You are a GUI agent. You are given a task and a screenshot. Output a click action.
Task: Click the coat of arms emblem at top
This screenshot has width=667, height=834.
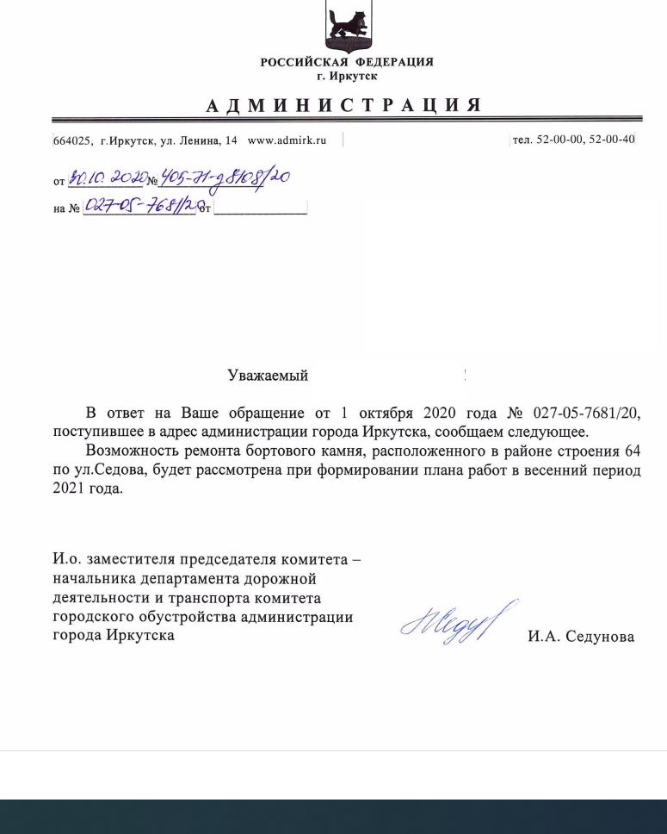point(349,26)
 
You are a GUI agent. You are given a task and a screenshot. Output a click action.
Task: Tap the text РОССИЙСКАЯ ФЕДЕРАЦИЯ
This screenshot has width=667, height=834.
point(347,63)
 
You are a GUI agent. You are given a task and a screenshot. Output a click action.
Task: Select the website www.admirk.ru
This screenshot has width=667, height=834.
point(287,140)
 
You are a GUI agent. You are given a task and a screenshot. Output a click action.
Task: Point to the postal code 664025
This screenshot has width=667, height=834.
point(72,140)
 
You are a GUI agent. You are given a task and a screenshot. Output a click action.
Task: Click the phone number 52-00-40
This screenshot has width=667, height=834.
point(612,140)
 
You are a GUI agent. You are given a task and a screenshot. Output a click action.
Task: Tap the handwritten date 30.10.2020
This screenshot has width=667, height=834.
point(106,178)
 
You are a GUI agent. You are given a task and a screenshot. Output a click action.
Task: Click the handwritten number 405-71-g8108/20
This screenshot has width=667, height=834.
point(225,180)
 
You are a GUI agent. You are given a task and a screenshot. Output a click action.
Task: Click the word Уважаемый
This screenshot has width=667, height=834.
point(268,376)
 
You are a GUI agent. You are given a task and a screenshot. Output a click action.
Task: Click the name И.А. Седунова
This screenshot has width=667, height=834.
point(581,637)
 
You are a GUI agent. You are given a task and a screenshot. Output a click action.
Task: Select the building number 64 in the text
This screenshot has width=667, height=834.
point(632,451)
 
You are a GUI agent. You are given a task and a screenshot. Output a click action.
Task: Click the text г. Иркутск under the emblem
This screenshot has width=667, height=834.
point(347,77)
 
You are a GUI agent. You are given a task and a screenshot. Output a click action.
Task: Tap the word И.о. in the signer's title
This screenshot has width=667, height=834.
point(66,560)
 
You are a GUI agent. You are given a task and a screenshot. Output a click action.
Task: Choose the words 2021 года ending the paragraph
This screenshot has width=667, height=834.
point(88,489)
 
